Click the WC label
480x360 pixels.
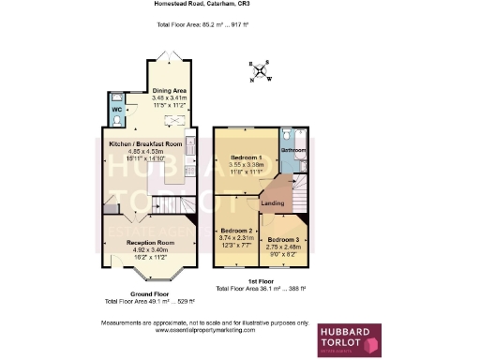(118, 109)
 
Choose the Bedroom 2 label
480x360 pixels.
(237, 230)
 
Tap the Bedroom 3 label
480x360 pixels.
(282, 240)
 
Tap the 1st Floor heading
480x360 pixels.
(260, 280)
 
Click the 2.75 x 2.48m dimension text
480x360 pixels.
(282, 247)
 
